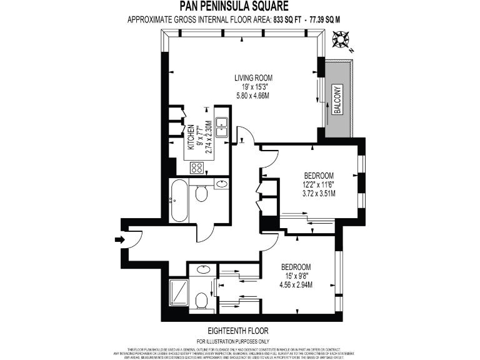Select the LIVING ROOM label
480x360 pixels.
click(x=253, y=77)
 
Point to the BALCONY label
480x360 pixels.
click(x=337, y=100)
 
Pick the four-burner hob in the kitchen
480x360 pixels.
click(x=196, y=167)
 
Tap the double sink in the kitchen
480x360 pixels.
click(x=221, y=126)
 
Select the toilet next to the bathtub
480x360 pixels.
click(x=201, y=194)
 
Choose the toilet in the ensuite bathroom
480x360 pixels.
click(x=201, y=302)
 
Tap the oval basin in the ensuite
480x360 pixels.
click(x=203, y=270)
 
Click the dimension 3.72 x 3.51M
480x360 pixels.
click(x=318, y=193)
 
